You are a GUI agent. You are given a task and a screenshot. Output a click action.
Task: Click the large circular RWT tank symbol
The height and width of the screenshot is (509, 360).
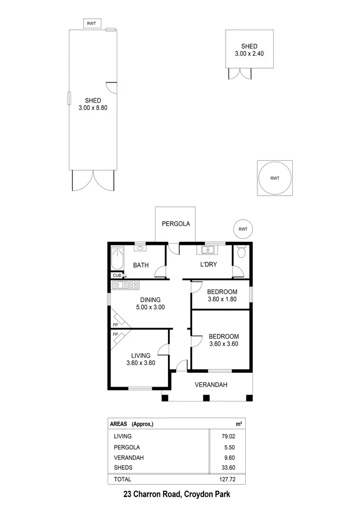click(x=275, y=178)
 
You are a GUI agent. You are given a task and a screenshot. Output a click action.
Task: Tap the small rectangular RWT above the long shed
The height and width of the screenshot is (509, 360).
click(x=92, y=23)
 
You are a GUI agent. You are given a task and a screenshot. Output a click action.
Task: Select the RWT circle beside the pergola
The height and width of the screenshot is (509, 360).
click(x=243, y=229)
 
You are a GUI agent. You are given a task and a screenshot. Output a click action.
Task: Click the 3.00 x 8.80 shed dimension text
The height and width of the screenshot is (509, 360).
click(x=93, y=108)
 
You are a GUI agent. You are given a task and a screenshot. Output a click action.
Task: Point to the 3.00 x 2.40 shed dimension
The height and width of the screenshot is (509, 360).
click(x=249, y=54)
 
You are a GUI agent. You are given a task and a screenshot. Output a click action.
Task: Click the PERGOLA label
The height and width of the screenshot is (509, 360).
click(x=176, y=224)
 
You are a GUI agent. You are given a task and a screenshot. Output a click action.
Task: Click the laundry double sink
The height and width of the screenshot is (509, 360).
click(x=207, y=250)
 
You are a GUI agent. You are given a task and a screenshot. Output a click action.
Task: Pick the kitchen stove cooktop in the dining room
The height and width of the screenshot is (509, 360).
click(x=133, y=285)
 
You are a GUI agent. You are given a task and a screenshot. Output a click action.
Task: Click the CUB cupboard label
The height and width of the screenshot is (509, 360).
click(x=117, y=275)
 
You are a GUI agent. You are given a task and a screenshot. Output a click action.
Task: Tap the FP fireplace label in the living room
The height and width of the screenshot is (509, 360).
click(x=116, y=334)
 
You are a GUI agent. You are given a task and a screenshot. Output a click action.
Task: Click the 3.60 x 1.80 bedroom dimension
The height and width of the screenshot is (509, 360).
click(x=222, y=300)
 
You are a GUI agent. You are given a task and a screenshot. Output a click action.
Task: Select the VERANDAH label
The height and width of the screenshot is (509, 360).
click(x=211, y=385)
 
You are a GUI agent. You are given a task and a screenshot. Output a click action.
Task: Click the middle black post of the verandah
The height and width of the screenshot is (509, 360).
click(x=206, y=398)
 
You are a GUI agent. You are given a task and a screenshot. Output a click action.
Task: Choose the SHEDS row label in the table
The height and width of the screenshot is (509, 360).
click(x=123, y=468)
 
